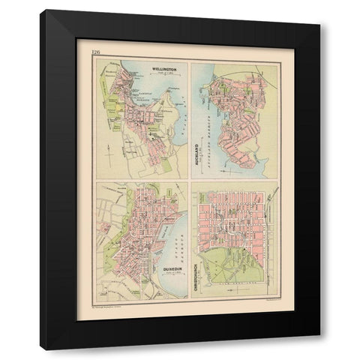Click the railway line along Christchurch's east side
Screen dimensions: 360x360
(x=272, y=240)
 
